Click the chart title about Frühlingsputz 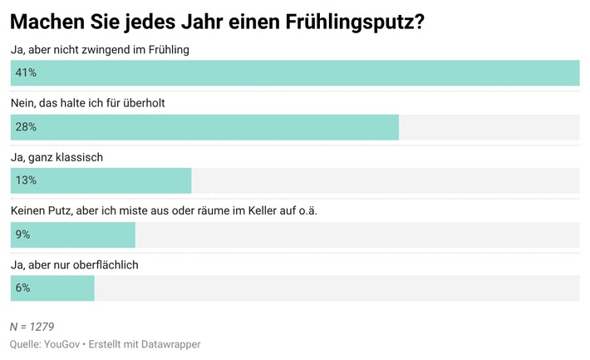(217, 22)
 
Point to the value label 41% (26, 73)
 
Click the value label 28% (26, 127)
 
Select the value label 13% (26, 180)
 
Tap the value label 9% (22, 234)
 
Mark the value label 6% (22, 288)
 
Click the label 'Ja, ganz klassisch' (56, 157)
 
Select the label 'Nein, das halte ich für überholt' (93, 103)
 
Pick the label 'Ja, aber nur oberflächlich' (74, 264)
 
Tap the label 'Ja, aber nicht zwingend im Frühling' (100, 50)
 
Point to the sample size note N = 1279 (32, 327)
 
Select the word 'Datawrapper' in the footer (170, 344)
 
